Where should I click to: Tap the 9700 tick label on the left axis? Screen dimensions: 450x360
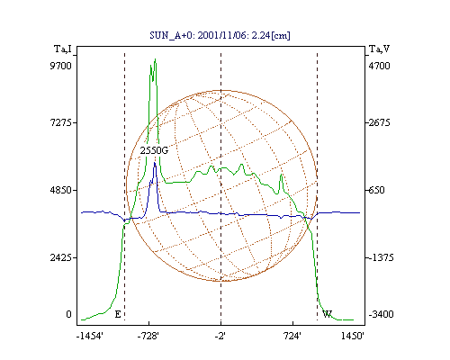(x=60, y=66)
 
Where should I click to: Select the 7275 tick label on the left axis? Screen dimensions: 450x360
(x=61, y=122)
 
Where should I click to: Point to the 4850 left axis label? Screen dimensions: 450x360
(x=61, y=190)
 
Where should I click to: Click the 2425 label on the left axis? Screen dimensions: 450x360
(x=61, y=257)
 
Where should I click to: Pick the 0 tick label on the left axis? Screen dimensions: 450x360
(x=68, y=314)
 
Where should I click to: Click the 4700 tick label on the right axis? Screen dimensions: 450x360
(x=379, y=66)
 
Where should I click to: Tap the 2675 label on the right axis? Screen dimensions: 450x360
(x=379, y=122)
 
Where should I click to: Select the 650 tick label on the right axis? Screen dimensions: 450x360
(x=376, y=190)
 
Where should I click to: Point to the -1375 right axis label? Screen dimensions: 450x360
(x=381, y=257)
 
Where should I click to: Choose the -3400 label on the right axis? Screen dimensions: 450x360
(x=381, y=314)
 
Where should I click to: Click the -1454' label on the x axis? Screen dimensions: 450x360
(x=90, y=336)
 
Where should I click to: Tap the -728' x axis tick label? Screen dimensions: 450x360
(x=148, y=336)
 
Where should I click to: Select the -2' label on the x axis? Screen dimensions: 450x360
(x=220, y=336)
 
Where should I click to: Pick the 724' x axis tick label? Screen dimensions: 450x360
(x=292, y=336)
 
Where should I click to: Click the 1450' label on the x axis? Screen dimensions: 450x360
(x=353, y=336)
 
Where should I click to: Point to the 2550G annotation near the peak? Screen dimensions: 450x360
(x=154, y=150)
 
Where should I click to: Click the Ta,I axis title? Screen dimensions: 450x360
(x=63, y=49)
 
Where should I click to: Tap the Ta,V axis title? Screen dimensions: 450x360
(x=380, y=49)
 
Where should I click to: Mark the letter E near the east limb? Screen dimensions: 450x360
(x=118, y=314)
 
